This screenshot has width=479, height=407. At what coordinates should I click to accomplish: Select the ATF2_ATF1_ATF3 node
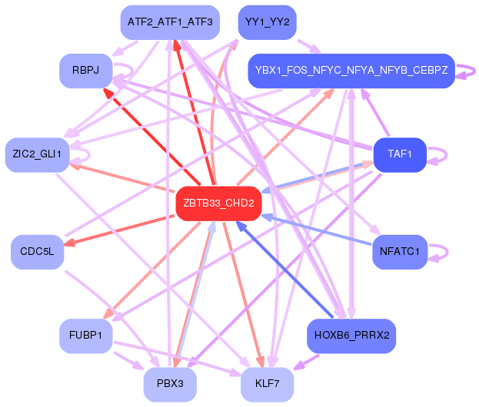[170, 22]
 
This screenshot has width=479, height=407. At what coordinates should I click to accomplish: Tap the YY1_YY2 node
[266, 22]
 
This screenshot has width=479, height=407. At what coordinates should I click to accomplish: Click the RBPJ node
[84, 71]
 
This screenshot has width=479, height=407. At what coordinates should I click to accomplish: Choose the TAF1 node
[399, 154]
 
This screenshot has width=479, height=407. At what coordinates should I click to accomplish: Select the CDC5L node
[37, 252]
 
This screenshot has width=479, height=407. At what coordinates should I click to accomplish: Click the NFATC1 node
[399, 252]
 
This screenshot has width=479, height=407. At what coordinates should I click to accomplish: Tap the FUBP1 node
[85, 336]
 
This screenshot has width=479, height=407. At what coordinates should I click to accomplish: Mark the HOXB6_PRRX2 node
[351, 336]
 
